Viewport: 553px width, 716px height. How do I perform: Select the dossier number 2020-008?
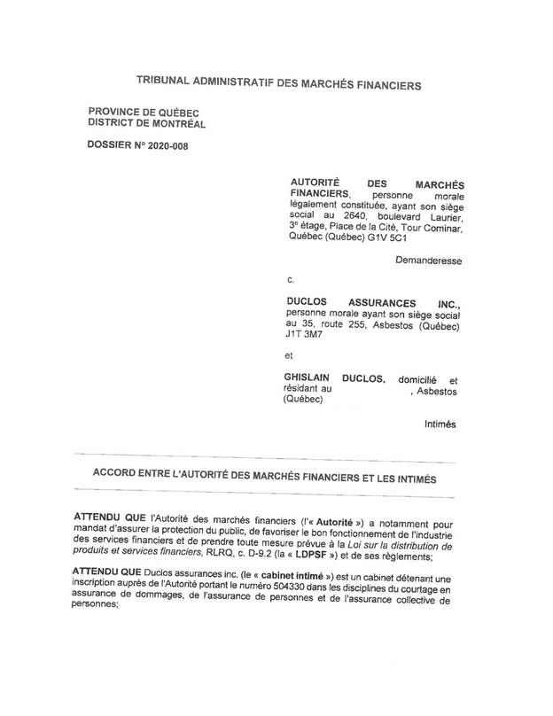[161, 144]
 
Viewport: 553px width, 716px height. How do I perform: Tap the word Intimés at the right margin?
[440, 424]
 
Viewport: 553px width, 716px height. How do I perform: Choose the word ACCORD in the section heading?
[117, 477]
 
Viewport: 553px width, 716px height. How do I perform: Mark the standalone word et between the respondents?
[288, 356]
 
